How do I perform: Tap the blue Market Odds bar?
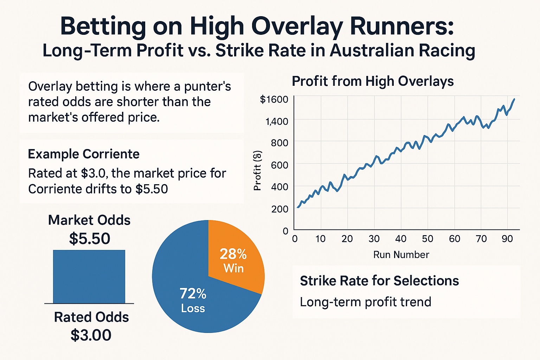(x=89, y=276)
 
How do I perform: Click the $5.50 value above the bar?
(x=90, y=239)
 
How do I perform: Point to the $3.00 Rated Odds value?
(x=91, y=335)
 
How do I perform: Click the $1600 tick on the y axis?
(x=274, y=99)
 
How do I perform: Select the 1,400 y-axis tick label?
(x=277, y=122)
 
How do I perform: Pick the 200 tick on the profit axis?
(x=279, y=209)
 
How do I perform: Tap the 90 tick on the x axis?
(x=507, y=239)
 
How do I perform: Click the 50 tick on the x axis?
(x=427, y=239)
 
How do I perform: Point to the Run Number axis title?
(x=401, y=255)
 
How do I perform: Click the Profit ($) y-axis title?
(x=258, y=171)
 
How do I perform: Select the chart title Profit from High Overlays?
(x=373, y=81)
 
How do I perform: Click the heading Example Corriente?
(x=84, y=154)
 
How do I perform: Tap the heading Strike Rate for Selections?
(x=379, y=281)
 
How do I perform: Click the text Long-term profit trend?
(x=365, y=302)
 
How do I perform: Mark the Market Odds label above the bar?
(x=89, y=220)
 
